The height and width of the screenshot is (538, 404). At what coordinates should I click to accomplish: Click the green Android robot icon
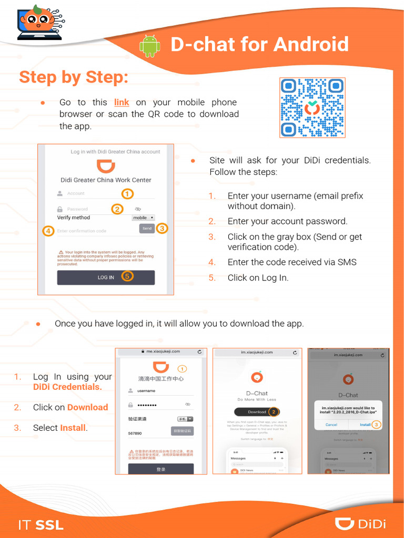click(149, 46)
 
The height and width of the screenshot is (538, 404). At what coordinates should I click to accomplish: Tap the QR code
click(312, 108)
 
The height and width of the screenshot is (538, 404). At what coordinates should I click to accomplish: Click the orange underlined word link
click(122, 102)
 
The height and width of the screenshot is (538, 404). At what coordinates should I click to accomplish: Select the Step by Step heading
click(74, 77)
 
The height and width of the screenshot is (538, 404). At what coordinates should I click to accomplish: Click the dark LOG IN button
click(106, 277)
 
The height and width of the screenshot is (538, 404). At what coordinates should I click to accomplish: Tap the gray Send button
click(147, 228)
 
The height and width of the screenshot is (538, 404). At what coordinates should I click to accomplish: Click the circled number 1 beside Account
click(127, 194)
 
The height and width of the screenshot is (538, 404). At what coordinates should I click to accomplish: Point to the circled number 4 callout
click(48, 231)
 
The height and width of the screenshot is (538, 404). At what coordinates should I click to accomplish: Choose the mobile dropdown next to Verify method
click(143, 218)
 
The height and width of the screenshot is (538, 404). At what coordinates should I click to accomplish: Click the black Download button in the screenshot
click(257, 412)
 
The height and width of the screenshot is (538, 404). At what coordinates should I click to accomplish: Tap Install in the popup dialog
click(365, 424)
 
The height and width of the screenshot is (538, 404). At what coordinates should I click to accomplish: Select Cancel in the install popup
click(331, 424)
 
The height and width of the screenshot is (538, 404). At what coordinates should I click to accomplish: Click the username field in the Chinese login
click(160, 391)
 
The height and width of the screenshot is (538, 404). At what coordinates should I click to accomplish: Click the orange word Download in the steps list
click(87, 407)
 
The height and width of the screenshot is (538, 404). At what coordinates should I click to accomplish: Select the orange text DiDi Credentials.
click(67, 387)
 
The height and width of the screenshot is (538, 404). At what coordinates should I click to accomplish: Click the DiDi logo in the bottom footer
click(361, 523)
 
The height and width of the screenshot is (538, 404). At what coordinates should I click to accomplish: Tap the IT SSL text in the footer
click(41, 524)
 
